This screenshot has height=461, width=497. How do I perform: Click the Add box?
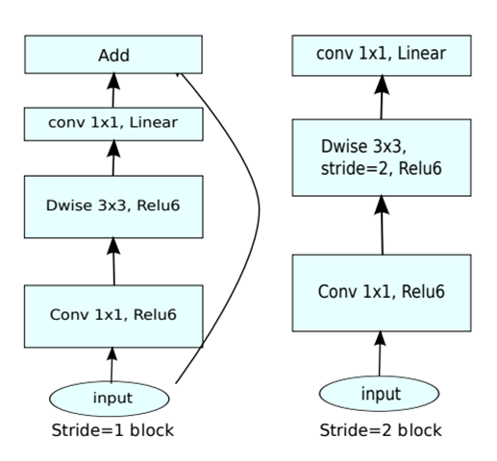113,55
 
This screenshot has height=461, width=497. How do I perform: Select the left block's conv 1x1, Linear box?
113,122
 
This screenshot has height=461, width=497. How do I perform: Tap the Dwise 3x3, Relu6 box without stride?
113,206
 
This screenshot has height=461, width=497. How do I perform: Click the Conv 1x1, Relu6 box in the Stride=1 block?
113,314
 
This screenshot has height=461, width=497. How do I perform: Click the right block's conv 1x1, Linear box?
382,55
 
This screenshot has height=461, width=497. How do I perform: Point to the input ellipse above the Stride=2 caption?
381,394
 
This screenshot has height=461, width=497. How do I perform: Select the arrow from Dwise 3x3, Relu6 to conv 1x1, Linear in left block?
112,157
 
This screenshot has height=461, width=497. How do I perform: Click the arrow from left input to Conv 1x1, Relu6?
112,365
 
